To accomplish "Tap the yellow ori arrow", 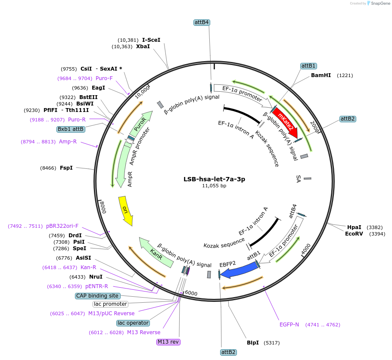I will [125, 210].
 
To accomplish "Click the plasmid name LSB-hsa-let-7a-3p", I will [214, 179].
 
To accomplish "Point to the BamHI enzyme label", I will [321, 75].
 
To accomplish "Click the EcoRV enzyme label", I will [354, 234].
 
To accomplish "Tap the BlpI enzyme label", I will [253, 343].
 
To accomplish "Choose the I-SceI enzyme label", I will [151, 40].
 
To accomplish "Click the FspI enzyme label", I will [66, 168].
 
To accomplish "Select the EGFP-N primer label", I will [289, 324].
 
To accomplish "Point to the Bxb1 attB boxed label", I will [71, 129].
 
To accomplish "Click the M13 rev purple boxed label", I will [168, 342].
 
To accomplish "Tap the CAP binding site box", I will [97, 296].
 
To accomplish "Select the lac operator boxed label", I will [133, 323].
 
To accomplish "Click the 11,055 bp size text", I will [214, 186].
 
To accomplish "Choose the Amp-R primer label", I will [68, 142].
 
